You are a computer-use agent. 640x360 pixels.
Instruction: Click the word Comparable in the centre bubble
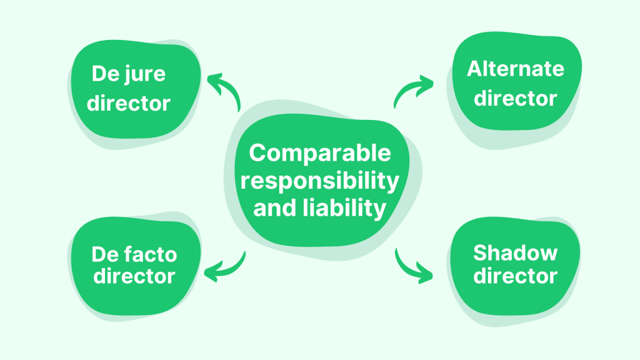pyautogui.click(x=319, y=154)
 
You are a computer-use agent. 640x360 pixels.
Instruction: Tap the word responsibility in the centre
pyautogui.click(x=319, y=181)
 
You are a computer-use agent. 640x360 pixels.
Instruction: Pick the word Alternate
pyautogui.click(x=515, y=69)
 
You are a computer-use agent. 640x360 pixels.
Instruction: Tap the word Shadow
pyautogui.click(x=515, y=252)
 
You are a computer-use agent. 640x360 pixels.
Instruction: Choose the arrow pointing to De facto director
pyautogui.click(x=225, y=266)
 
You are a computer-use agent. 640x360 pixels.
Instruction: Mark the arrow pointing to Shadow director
pyautogui.click(x=412, y=265)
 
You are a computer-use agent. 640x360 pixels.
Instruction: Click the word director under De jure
pyautogui.click(x=128, y=102)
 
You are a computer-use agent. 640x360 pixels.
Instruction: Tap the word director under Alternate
pyautogui.click(x=515, y=98)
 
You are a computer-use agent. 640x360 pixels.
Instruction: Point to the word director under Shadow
pyautogui.click(x=515, y=276)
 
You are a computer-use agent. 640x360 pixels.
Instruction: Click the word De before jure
pyautogui.click(x=106, y=74)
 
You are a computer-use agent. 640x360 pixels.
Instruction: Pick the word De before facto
pyautogui.click(x=106, y=254)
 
